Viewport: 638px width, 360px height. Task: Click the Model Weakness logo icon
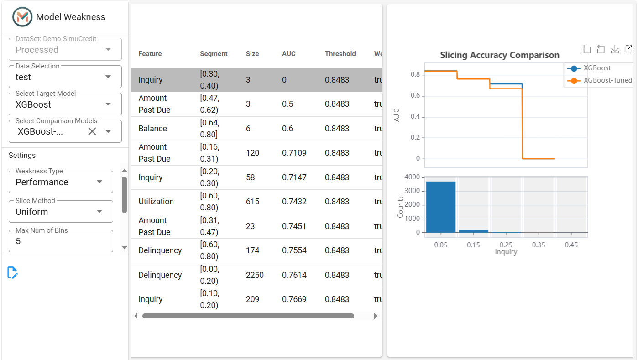22,17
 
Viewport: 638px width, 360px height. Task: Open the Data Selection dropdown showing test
65,77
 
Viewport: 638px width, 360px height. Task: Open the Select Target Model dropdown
65,104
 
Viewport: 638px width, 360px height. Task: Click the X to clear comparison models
92,131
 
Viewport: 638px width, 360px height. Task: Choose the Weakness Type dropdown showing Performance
61,182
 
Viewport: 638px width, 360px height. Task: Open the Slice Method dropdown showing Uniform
61,212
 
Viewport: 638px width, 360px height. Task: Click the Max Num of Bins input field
61,241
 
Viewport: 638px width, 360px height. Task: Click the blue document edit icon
12,272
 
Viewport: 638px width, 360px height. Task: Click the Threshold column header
340,54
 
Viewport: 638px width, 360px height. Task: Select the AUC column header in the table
288,54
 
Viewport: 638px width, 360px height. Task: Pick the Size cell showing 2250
255,275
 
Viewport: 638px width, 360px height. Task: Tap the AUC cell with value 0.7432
294,202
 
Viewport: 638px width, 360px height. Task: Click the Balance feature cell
153,129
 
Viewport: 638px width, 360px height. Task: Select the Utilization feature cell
156,202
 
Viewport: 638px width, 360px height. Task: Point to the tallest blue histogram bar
441,207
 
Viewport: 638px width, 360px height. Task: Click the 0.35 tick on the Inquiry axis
539,245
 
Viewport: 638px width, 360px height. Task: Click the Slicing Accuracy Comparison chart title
500,55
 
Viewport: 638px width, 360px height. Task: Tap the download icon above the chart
615,49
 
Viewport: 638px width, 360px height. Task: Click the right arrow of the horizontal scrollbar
376,316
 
